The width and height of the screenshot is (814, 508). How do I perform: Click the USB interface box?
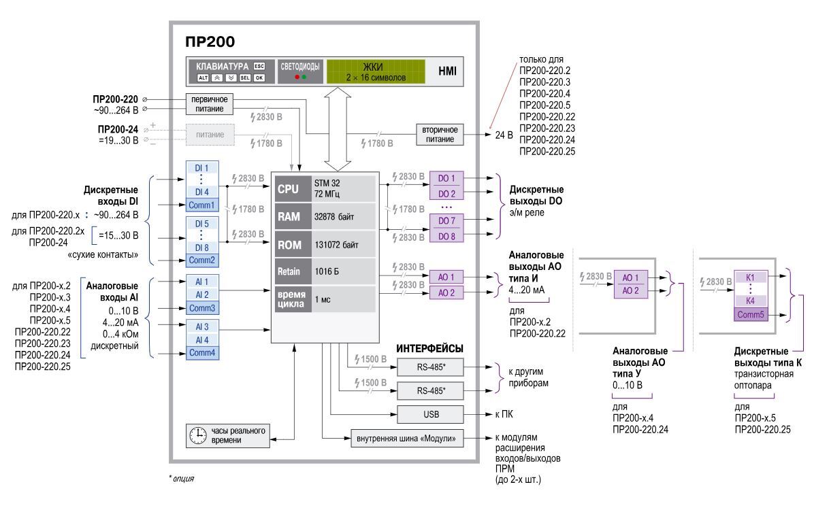point(430,413)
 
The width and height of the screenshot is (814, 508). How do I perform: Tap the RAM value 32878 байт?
point(342,217)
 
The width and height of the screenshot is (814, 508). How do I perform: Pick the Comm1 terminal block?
point(201,204)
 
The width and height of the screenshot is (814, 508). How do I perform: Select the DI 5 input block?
point(201,223)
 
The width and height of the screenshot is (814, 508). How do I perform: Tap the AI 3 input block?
point(201,327)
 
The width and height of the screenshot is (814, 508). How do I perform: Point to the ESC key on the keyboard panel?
point(259,66)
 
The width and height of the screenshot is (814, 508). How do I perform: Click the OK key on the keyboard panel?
point(259,78)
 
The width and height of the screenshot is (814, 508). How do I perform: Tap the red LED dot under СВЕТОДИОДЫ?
point(296,77)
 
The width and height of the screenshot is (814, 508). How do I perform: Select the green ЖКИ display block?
point(375,71)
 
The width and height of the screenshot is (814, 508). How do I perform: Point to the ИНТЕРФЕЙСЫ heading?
point(429,348)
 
